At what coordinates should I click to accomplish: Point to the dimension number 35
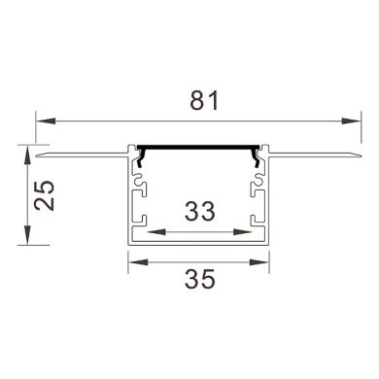(199, 280)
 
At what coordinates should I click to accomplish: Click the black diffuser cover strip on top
(199, 147)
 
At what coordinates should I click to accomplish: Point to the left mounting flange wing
(83, 153)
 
